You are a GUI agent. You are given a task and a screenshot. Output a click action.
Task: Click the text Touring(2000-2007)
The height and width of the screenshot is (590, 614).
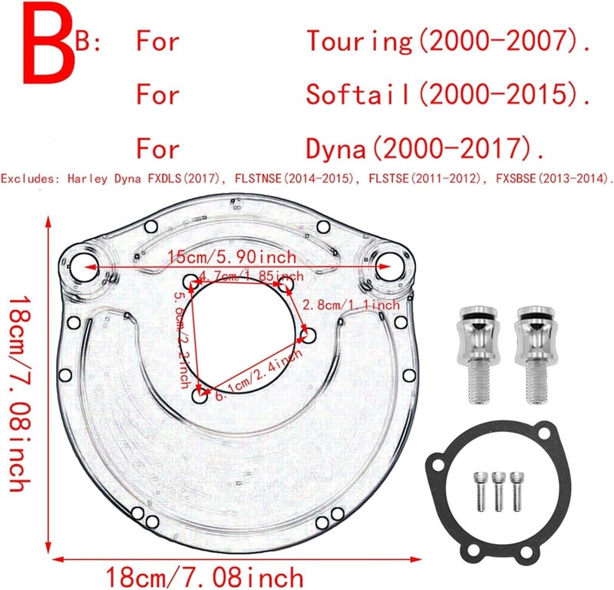click(x=449, y=41)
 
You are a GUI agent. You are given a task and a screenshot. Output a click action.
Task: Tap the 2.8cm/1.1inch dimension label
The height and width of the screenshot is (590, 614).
click(x=352, y=305)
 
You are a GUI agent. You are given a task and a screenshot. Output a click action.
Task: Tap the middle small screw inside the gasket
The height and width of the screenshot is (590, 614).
click(x=498, y=492)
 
